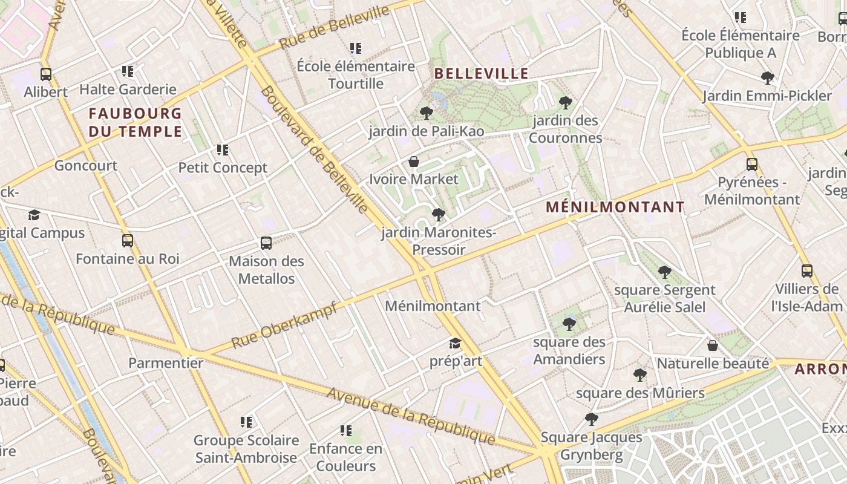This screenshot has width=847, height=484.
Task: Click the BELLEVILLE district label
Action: point(482,74)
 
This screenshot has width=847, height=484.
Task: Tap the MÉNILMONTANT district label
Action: point(615,207)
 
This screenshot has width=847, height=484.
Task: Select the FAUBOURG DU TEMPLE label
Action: point(135,122)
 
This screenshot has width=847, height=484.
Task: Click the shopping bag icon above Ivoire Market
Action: point(414,162)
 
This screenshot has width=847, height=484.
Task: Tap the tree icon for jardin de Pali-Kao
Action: point(426,113)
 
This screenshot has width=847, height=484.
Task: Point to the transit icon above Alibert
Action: point(46,74)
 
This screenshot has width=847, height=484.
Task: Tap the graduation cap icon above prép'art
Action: point(455,344)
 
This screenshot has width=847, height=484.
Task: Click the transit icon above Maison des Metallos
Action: point(266,243)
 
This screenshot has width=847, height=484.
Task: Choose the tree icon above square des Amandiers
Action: point(569,324)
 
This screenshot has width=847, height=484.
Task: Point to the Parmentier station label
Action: point(166,363)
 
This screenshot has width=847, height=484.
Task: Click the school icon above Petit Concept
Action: point(223,149)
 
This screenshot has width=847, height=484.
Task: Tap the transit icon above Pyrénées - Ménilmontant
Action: point(751,164)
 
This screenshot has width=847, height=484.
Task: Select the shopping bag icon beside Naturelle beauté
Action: point(713,345)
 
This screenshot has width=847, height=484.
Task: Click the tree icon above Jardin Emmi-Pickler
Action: point(767,78)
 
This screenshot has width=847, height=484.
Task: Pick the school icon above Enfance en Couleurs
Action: point(346,431)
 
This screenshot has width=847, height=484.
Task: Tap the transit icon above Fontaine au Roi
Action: point(128,241)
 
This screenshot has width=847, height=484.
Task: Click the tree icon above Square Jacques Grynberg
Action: point(592,419)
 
